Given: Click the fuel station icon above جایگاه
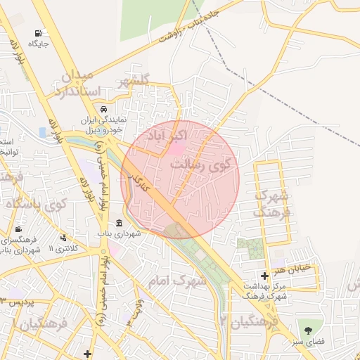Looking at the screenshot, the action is [x=37, y=33].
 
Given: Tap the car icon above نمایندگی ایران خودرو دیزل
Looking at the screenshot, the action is [x=103, y=110].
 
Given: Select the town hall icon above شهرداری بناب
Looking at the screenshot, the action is [x=118, y=223].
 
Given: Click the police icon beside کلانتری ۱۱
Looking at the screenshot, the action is [x=64, y=238].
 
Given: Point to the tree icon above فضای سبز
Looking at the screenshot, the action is [x=307, y=329].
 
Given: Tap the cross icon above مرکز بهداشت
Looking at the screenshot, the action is [x=264, y=276].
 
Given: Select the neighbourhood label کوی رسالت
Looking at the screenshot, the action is [x=205, y=163].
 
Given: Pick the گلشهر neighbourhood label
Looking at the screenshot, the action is [x=145, y=82].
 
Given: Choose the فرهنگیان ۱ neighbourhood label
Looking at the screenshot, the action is [x=39, y=326].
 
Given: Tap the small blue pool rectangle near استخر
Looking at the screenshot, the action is [x=43, y=132].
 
